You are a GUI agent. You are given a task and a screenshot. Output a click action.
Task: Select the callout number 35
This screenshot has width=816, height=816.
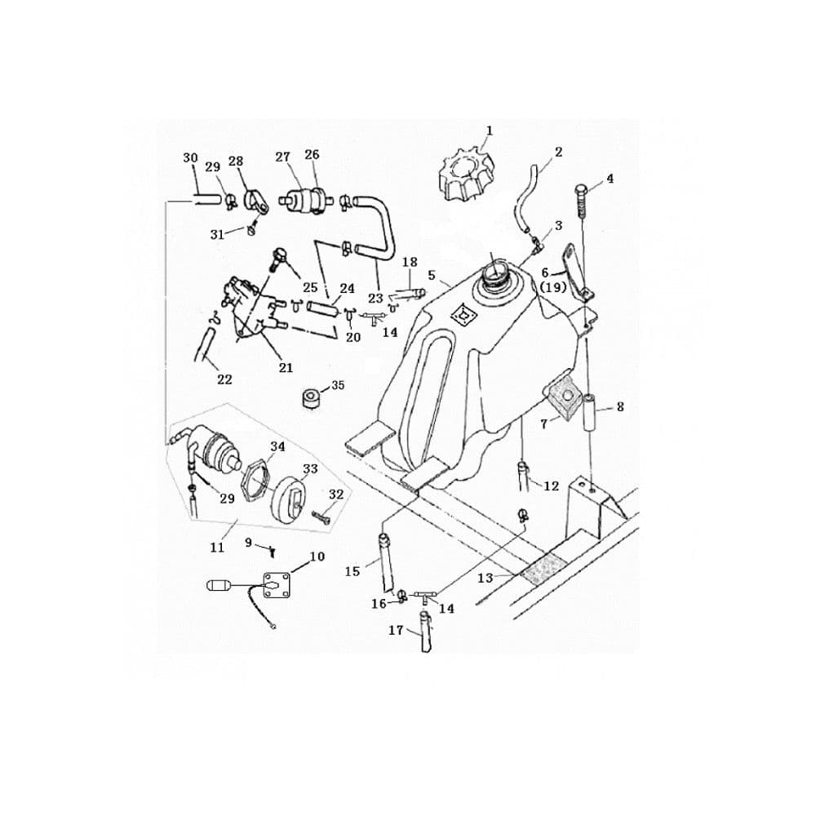tap(338, 385)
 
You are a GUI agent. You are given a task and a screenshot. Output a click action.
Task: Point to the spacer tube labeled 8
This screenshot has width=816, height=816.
tap(590, 412)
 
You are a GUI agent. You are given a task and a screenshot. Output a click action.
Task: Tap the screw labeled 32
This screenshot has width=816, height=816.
tap(322, 517)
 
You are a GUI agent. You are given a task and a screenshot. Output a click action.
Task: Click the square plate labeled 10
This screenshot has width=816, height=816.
tap(277, 585)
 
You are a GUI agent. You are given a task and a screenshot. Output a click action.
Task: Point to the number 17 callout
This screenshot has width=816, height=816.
tap(396, 630)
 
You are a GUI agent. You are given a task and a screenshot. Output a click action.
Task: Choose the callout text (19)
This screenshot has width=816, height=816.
tap(552, 286)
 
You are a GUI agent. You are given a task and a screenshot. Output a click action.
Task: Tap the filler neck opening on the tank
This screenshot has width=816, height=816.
tap(494, 274)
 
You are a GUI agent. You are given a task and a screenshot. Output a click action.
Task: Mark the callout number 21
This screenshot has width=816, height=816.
tap(286, 368)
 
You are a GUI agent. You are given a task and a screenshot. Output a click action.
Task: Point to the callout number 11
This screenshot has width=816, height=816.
tap(217, 548)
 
